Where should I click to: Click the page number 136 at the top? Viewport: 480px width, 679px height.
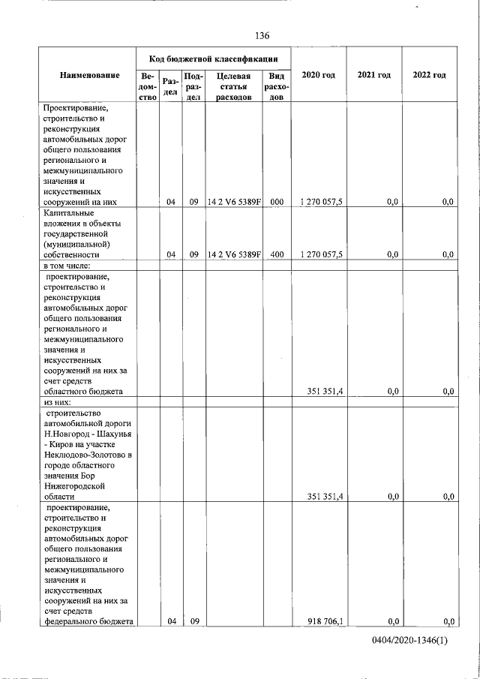coord(262,36)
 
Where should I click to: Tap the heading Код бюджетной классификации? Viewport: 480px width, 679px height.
coord(214,58)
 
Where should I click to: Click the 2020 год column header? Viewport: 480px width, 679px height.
coord(318,75)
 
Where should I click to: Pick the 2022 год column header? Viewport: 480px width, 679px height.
coord(430,75)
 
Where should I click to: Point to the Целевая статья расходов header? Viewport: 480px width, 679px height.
coord(234,86)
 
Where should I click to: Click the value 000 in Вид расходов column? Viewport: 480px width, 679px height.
coord(276,201)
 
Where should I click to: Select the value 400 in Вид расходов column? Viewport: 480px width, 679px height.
coord(276,254)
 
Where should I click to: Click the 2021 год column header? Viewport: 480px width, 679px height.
coord(374,75)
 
